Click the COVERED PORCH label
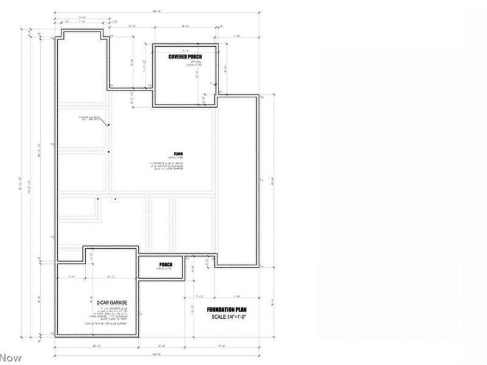click(x=185, y=57)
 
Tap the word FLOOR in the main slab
click(x=178, y=154)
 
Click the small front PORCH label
click(x=166, y=264)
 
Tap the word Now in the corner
click(x=10, y=358)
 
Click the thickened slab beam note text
click(x=89, y=119)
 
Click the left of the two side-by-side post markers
click(x=97, y=198)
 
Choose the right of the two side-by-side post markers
click(x=114, y=198)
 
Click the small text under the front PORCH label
click(x=166, y=268)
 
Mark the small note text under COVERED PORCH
click(x=185, y=63)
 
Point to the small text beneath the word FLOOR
click(x=178, y=158)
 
